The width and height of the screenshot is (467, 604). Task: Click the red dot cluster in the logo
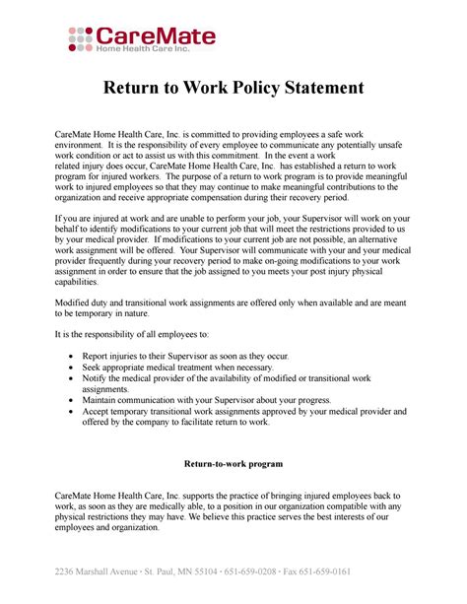pyautogui.click(x=80, y=38)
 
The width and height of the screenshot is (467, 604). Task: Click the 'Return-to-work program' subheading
pyautogui.click(x=233, y=462)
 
